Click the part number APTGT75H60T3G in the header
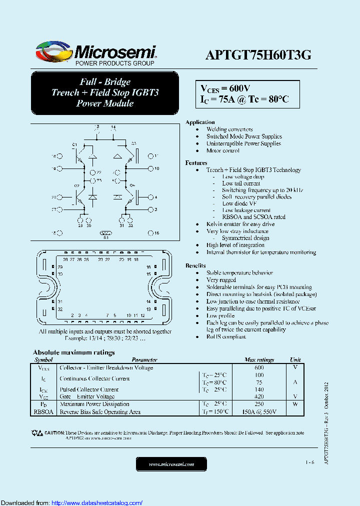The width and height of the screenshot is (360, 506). [258, 55]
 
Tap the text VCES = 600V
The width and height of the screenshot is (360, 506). [225, 88]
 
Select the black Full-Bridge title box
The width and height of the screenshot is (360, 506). [104, 92]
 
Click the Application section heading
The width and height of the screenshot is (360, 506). [200, 122]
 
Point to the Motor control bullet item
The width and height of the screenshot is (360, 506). [223, 150]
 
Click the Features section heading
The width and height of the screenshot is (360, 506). [196, 163]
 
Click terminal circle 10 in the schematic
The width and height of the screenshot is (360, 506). [149, 168]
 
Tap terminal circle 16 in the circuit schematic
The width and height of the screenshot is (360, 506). [149, 233]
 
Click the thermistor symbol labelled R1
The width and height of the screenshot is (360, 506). [105, 233]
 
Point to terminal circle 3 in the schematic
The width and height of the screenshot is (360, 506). [149, 209]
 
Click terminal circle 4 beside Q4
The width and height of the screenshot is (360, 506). [149, 197]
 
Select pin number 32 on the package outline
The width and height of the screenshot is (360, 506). [60, 309]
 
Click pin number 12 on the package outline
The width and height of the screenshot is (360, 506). [142, 315]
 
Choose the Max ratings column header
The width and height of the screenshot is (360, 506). [259, 359]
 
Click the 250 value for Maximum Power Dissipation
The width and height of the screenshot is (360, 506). [259, 404]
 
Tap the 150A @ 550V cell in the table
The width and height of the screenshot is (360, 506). [259, 412]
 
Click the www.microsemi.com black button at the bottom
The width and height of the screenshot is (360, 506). [171, 464]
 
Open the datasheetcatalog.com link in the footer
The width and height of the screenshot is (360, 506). [97, 502]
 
